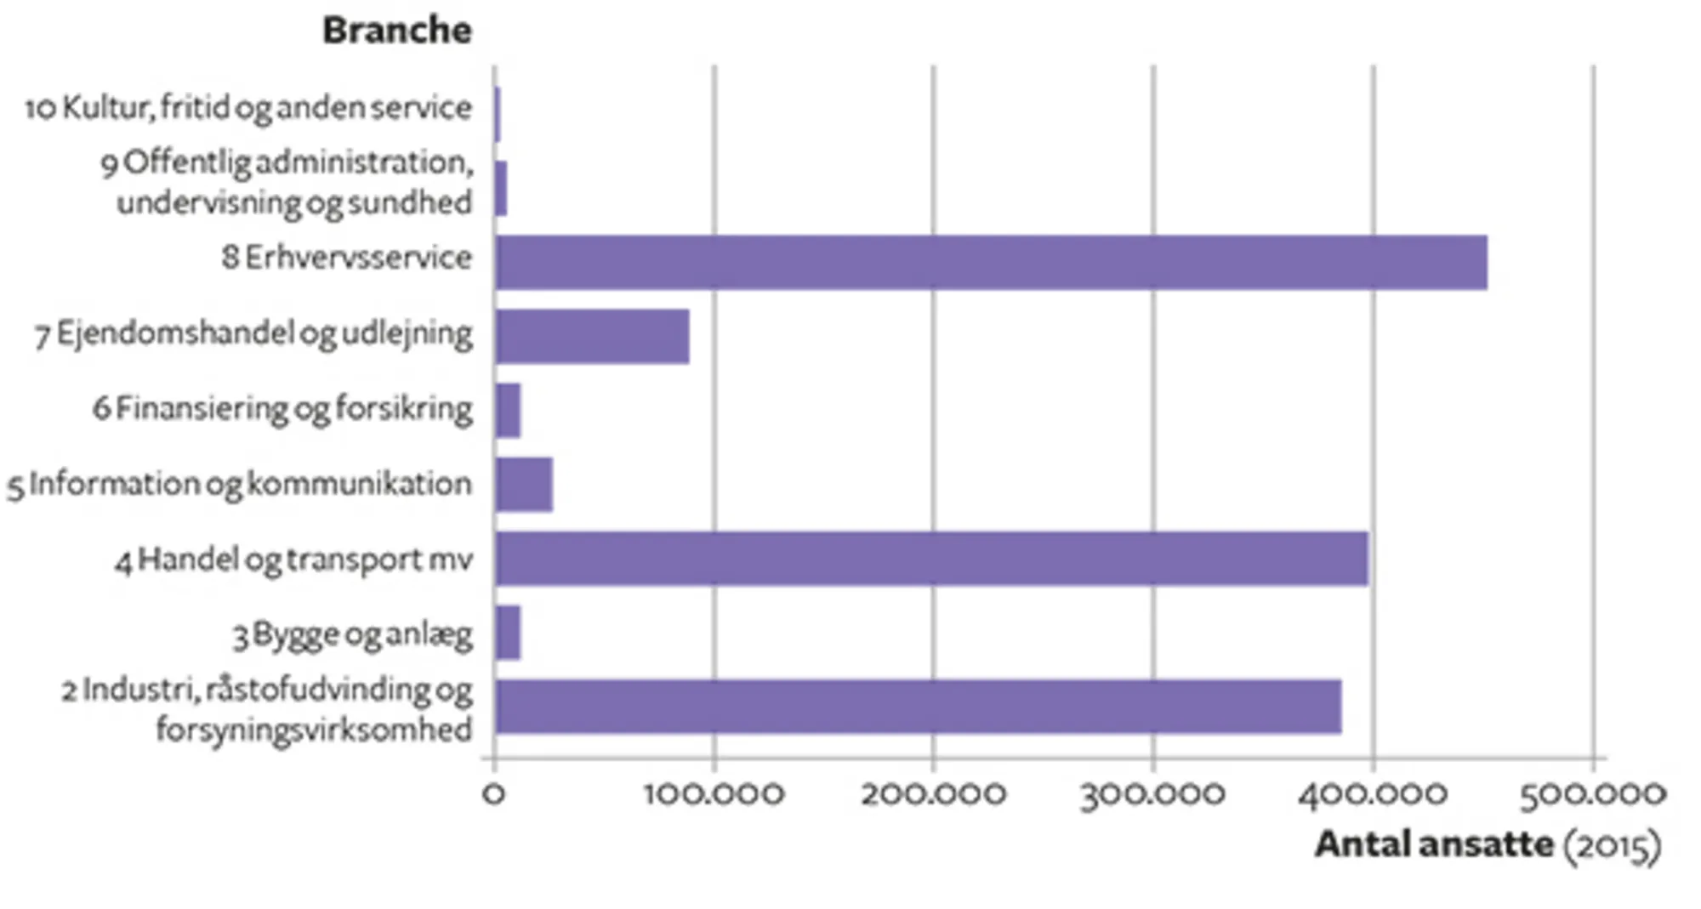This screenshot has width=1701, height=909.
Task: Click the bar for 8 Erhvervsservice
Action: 991,263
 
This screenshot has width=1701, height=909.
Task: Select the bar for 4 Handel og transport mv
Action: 931,559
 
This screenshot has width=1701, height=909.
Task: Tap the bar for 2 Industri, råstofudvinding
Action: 919,707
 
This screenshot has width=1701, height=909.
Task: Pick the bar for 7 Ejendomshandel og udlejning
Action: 592,337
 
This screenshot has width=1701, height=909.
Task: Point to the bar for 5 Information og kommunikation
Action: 524,485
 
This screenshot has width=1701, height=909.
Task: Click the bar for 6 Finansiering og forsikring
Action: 508,411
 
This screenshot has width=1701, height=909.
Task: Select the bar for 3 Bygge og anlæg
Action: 508,633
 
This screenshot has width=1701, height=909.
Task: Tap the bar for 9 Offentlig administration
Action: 501,189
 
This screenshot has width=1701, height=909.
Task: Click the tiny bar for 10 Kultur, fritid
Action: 498,115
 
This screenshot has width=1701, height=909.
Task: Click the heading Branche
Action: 396,31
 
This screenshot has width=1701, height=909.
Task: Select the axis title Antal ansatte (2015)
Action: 1488,845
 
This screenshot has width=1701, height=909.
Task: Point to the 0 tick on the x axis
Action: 493,793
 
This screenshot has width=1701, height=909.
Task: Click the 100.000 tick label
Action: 714,793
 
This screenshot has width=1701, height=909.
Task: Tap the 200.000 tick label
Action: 933,793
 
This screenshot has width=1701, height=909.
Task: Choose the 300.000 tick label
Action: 1152,793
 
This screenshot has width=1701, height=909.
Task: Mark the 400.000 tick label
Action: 1372,793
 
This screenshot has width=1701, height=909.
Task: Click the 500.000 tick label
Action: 1592,793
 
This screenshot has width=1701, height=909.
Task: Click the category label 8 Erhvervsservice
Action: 347,257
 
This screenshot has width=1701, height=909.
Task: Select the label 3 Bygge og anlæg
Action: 353,634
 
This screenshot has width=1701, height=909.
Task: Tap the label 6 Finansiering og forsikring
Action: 282,409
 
